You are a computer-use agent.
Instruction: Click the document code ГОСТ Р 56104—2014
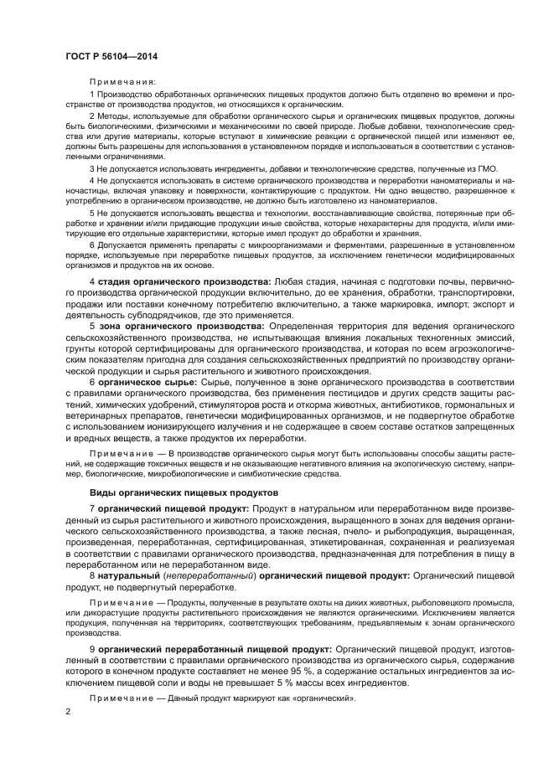[112, 56]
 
